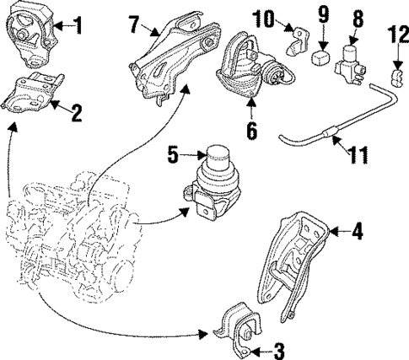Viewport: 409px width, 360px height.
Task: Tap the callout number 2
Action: [x=76, y=110]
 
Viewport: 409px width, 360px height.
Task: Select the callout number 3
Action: [x=279, y=351]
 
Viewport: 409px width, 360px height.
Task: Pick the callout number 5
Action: [x=173, y=154]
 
